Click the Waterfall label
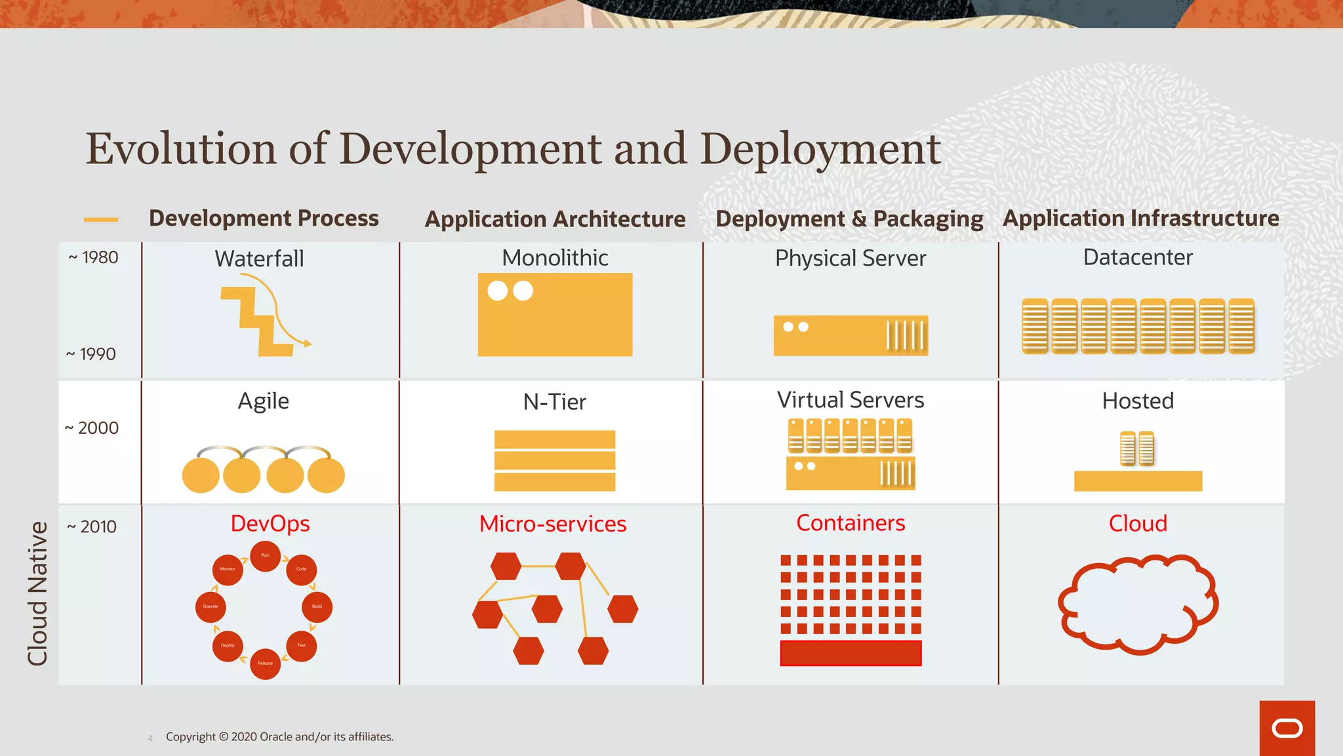coord(259,259)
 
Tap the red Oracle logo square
coord(1287,728)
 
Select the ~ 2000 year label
coord(92,428)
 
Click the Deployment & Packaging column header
coord(849,219)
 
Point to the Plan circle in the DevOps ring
coord(266,556)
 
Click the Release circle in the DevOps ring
coord(266,663)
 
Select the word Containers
coord(851,523)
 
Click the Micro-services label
coord(553,524)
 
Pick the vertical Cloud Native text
coord(37,593)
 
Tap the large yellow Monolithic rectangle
coord(555,315)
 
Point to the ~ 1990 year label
coord(91,354)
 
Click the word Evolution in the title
coord(180,148)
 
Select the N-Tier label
coord(555,402)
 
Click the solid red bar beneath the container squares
coord(851,653)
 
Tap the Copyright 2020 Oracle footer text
coord(279,737)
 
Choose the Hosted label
coord(1138,401)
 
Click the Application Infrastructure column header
coord(1141,218)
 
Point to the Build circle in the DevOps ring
coord(317,606)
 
